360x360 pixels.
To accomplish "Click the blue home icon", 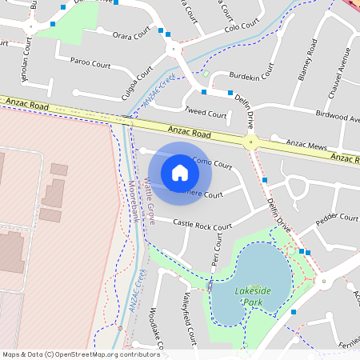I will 180,172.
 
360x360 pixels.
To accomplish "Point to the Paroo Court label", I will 90,61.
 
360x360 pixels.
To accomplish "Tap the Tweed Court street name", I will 206,114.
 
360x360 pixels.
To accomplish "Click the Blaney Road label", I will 308,61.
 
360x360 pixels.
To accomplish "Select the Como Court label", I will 213,165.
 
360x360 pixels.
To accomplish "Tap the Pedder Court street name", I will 337,218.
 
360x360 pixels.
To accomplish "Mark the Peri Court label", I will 216,254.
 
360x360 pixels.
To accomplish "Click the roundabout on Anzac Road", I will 251,143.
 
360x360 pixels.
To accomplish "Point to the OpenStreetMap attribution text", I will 80,354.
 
